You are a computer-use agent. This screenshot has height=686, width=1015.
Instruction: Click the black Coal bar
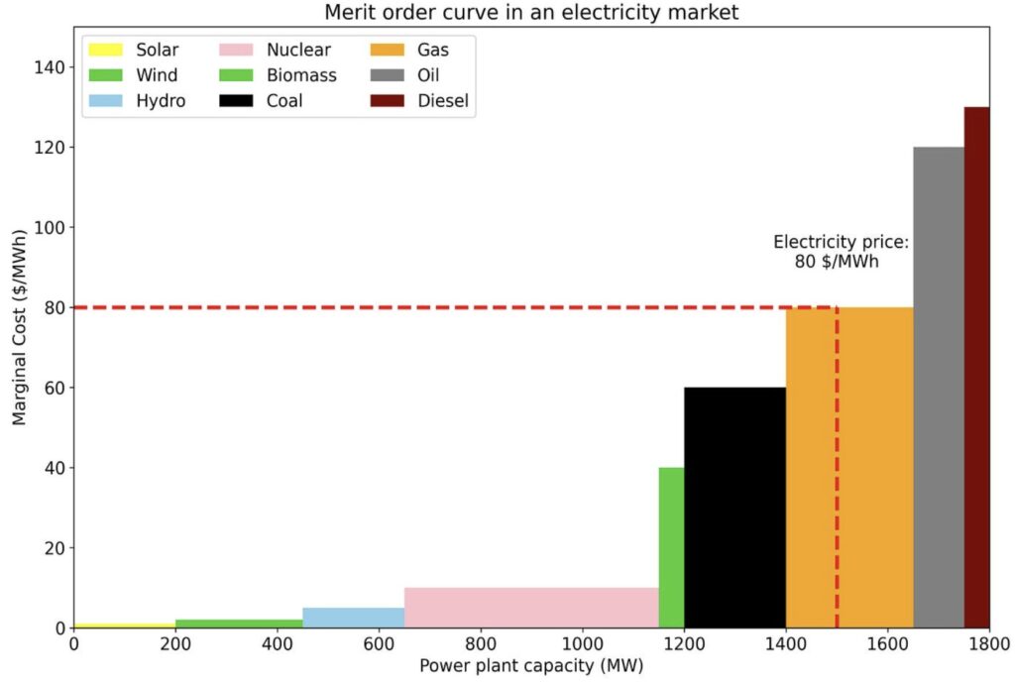tap(734, 507)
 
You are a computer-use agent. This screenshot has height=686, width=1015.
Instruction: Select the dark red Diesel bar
tap(976, 367)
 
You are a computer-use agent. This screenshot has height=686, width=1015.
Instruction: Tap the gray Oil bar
tap(938, 387)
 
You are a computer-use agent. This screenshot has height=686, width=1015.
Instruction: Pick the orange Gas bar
tap(849, 467)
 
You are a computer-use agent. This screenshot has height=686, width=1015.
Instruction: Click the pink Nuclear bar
tap(531, 608)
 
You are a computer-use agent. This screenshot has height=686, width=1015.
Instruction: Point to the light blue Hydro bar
tap(353, 618)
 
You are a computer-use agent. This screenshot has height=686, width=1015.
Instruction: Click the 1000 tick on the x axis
tap(582, 643)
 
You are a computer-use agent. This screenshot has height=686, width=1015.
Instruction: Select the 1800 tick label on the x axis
tap(988, 643)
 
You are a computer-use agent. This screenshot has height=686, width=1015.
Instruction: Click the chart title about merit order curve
tap(531, 13)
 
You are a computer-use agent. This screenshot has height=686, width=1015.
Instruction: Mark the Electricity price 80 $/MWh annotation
tap(841, 252)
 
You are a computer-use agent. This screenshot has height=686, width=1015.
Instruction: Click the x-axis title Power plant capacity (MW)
tap(531, 666)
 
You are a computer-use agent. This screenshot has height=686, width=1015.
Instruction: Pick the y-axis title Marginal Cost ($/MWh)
tap(19, 337)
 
